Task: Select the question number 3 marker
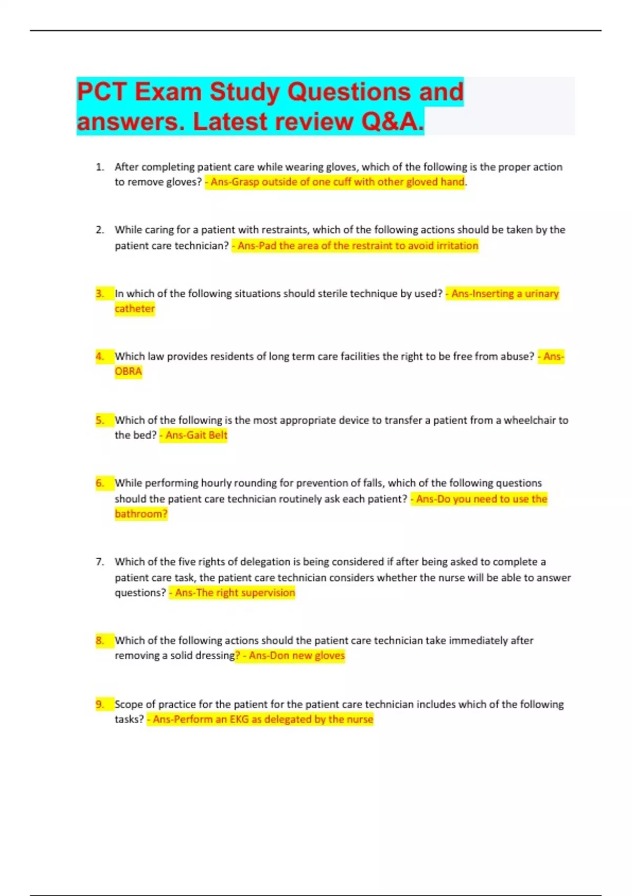pyautogui.click(x=100, y=294)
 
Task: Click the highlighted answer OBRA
pyautogui.click(x=128, y=372)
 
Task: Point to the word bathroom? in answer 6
pyautogui.click(x=141, y=514)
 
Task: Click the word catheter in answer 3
pyautogui.click(x=135, y=309)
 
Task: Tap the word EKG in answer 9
pyautogui.click(x=239, y=719)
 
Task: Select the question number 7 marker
pyautogui.click(x=100, y=562)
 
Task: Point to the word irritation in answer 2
pyautogui.click(x=457, y=246)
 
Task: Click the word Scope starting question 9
pyautogui.click(x=129, y=705)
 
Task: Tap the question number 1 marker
pyautogui.click(x=100, y=167)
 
